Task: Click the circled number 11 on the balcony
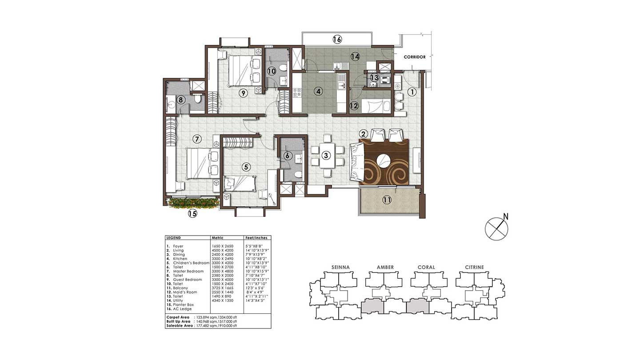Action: point(387,200)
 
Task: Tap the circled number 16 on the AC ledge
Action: point(337,40)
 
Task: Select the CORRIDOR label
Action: point(415,57)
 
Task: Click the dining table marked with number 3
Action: point(327,156)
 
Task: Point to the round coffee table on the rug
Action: point(384,160)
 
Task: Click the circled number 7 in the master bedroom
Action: point(197,139)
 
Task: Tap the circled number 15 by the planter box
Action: point(192,214)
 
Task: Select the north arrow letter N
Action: point(505,217)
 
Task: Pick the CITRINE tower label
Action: point(474,267)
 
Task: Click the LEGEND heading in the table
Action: point(174,238)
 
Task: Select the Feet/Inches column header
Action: point(256,238)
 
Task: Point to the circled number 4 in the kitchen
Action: point(318,92)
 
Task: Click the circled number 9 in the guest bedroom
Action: point(243,93)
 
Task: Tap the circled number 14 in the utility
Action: point(355,56)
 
